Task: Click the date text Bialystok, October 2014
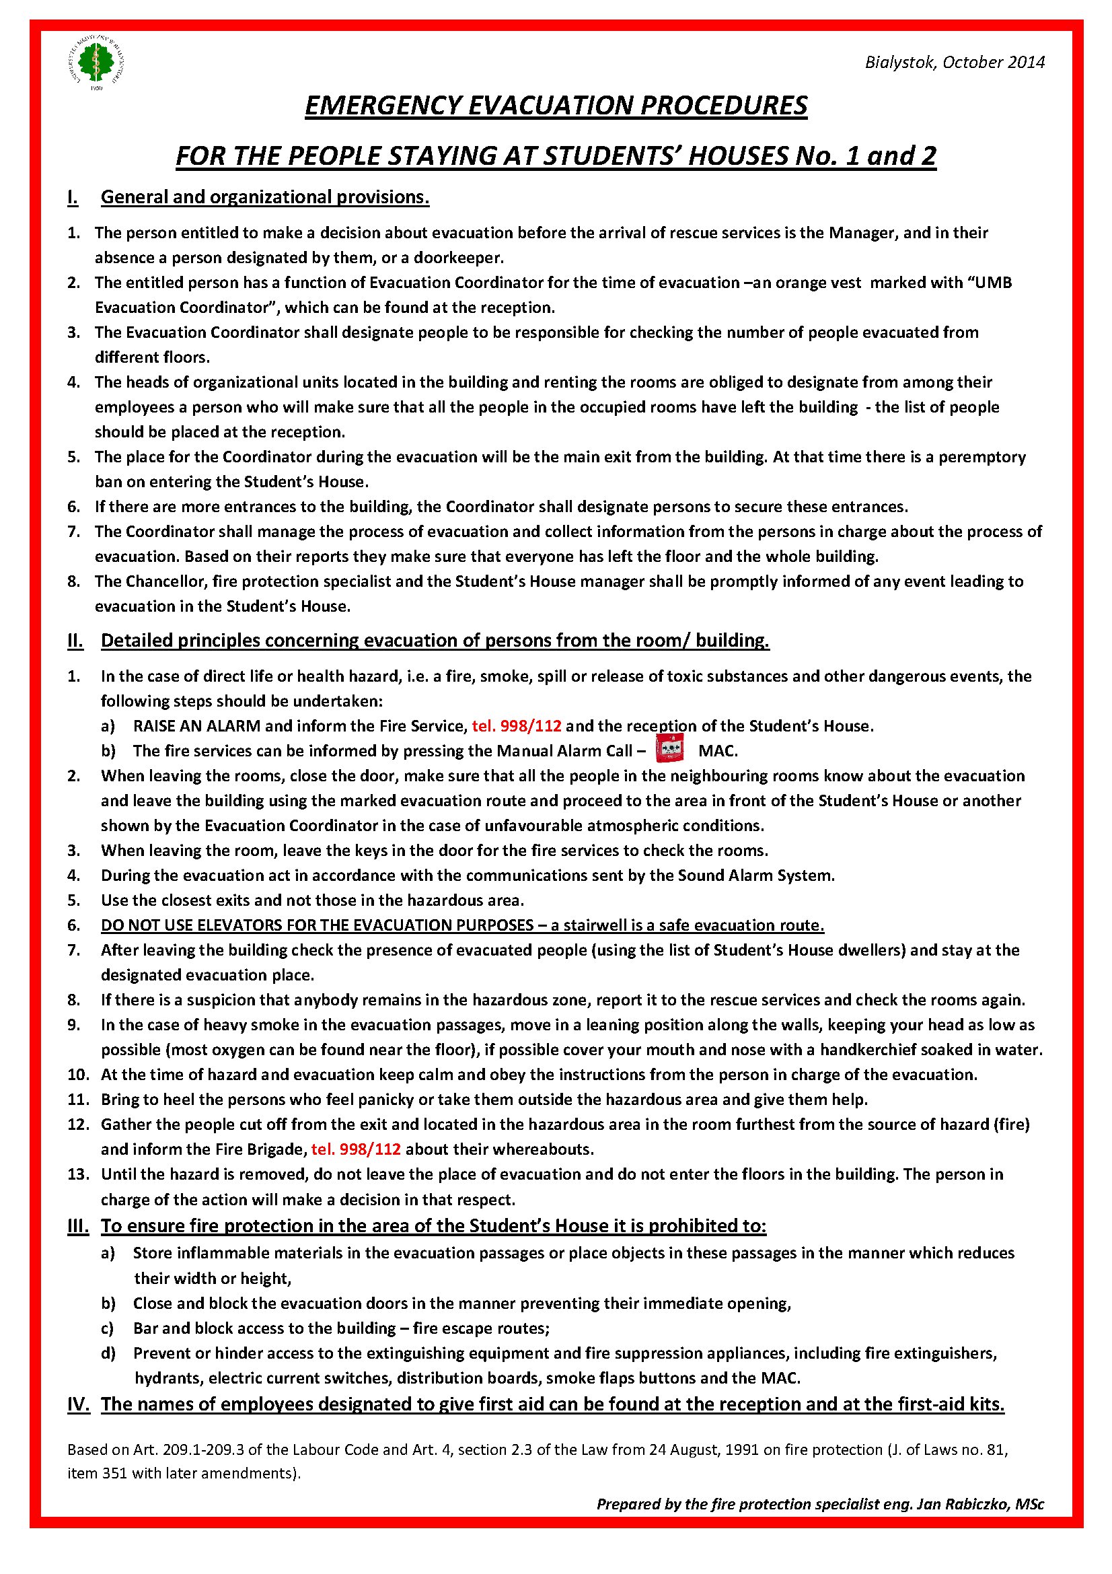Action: [954, 63]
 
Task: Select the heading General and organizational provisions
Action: [264, 197]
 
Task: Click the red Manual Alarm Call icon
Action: [669, 748]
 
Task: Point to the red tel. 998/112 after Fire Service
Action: [517, 726]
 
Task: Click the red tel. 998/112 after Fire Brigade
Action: [356, 1149]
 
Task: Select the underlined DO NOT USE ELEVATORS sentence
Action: [462, 925]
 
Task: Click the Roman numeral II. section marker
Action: [75, 640]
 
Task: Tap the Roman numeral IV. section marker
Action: [78, 1404]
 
